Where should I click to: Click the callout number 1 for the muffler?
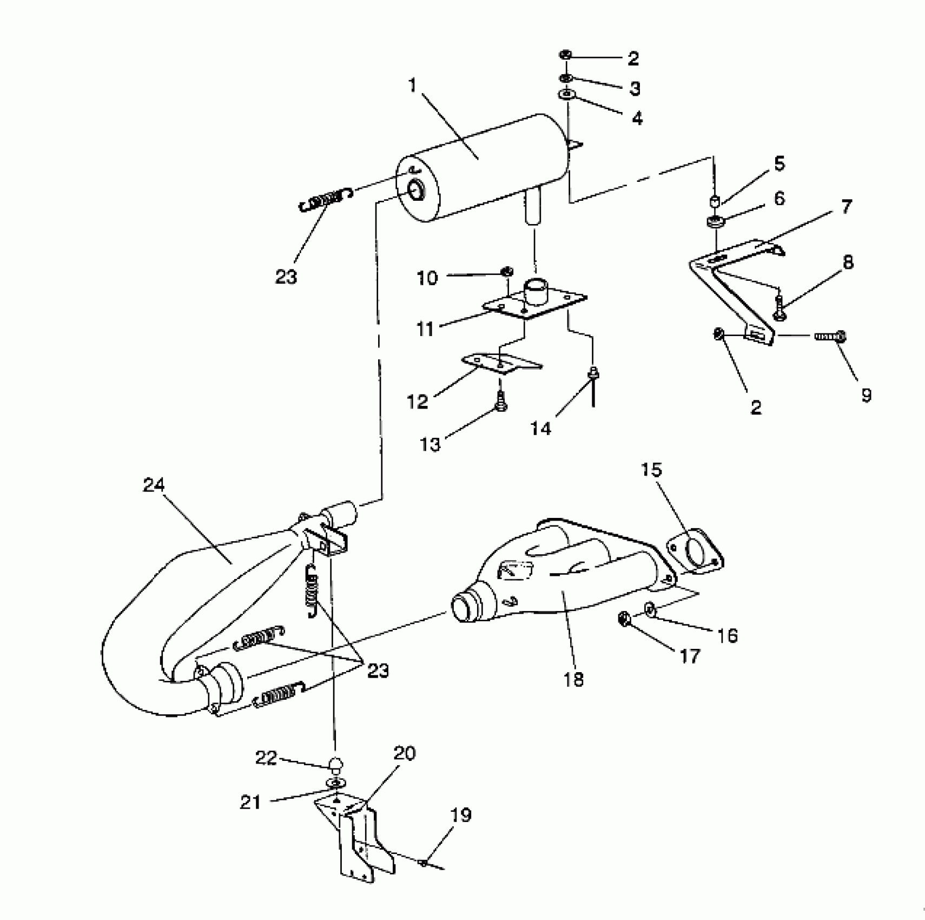click(x=413, y=86)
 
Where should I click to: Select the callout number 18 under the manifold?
click(x=574, y=679)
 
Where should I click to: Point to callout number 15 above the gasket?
click(x=651, y=469)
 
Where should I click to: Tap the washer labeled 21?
click(x=336, y=783)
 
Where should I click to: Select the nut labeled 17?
click(x=623, y=619)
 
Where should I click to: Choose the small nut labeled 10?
click(x=507, y=271)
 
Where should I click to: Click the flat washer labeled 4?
click(x=566, y=94)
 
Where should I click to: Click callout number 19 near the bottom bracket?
click(x=461, y=816)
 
